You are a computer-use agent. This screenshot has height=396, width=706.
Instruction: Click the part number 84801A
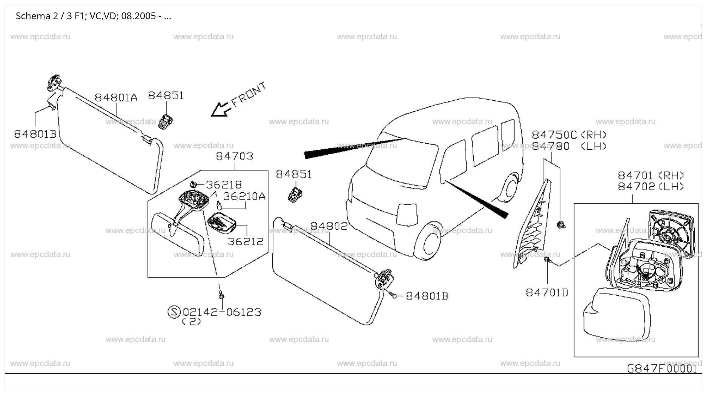click(116, 98)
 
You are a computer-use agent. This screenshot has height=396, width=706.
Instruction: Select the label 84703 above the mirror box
click(234, 156)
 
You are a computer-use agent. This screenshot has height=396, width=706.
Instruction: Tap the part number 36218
click(224, 184)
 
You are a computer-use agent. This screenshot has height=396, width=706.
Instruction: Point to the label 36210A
click(244, 196)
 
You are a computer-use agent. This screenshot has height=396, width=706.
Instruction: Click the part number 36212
click(246, 241)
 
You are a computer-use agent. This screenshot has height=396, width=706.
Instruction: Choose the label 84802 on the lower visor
click(328, 226)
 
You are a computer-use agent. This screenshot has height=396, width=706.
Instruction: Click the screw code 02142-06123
click(222, 312)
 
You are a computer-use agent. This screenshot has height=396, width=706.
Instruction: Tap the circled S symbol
click(174, 312)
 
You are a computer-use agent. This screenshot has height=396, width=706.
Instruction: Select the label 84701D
click(547, 293)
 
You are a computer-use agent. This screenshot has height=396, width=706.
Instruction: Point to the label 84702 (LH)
click(651, 186)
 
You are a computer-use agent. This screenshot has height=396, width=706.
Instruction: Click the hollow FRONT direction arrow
click(220, 109)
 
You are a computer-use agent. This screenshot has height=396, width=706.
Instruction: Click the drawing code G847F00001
click(662, 368)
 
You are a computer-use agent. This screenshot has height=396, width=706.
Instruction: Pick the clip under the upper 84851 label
click(165, 121)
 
